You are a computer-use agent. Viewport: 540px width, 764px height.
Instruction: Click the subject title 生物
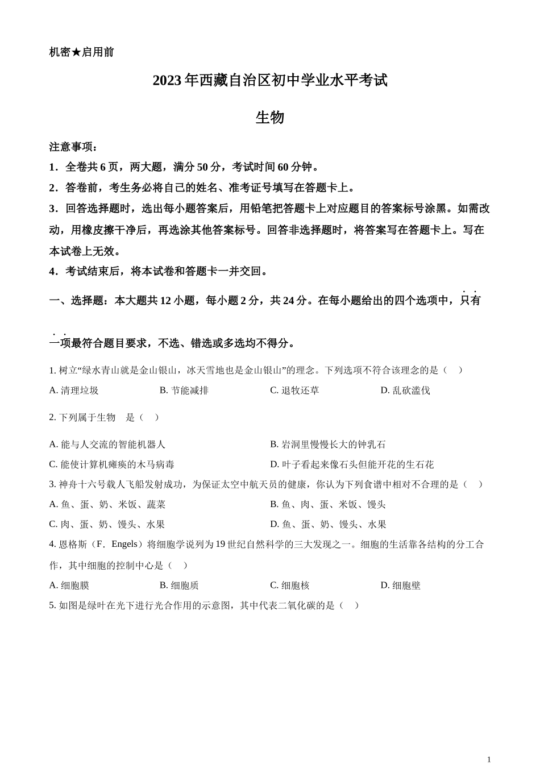coord(269,118)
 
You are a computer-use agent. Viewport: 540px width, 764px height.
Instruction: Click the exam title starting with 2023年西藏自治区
coord(269,81)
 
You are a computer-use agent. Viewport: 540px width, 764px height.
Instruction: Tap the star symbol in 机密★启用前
coord(76,52)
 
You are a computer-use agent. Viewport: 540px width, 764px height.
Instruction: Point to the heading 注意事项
coord(73,147)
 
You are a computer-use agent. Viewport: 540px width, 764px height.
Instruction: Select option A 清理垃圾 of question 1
coord(74,391)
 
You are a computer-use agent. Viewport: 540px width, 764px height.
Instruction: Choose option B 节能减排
coord(184,391)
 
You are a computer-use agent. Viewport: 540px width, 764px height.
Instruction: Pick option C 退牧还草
coord(294,391)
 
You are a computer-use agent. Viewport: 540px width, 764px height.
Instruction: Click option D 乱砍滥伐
coord(405,391)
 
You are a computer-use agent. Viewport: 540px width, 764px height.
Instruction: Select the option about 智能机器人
coord(107,445)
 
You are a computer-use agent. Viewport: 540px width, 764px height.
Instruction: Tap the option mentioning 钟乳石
coord(328,445)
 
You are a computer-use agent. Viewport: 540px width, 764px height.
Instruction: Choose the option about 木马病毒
coord(112,464)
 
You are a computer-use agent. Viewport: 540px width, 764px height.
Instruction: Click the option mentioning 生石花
coord(352,464)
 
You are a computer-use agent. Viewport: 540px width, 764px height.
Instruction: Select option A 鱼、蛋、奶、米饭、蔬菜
coord(107,504)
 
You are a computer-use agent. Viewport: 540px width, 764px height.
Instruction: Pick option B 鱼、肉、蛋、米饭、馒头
coord(328,504)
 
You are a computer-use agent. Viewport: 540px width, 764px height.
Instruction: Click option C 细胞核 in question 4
coord(290,586)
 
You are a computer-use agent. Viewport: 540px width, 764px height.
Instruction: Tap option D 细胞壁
coord(401,586)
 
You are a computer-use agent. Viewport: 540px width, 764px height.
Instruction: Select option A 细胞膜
coord(69,586)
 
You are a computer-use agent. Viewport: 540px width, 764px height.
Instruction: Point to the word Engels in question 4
coord(124,545)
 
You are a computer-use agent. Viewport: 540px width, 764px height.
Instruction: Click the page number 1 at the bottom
coord(489,759)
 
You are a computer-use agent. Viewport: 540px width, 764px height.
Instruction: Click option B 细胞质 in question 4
coord(180,586)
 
